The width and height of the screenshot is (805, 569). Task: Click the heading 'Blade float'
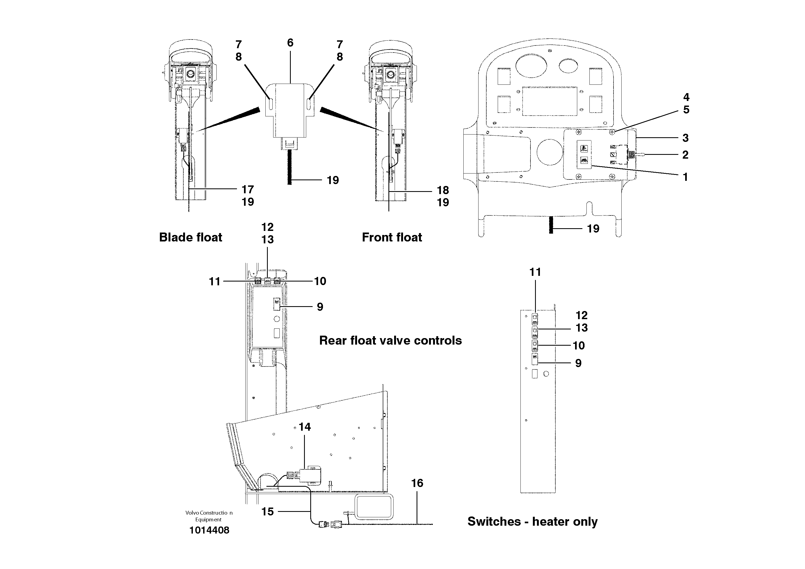190,237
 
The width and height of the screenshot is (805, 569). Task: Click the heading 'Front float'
392,237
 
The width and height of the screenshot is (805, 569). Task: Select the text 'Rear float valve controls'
390,341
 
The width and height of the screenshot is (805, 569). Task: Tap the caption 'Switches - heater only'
532,522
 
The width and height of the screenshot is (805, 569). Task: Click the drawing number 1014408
209,530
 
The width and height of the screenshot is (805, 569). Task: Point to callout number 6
290,43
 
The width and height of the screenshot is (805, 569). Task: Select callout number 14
304,427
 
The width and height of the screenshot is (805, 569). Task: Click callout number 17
248,189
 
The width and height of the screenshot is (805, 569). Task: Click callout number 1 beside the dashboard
685,177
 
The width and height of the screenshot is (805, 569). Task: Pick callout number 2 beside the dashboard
685,155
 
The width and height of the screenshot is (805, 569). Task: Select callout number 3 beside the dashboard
685,138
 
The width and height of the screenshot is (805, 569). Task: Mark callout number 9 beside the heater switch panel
578,363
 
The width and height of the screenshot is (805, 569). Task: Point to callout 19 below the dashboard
593,229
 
